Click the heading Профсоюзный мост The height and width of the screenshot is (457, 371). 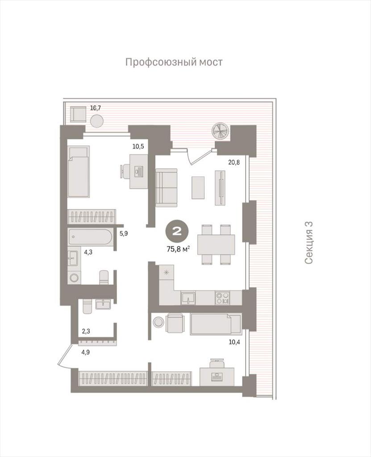(174, 62)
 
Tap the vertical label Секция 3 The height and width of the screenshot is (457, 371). (308, 242)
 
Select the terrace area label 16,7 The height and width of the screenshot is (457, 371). (96, 108)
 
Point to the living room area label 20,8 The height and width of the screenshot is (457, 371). (234, 162)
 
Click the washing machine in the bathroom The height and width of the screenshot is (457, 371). (74, 277)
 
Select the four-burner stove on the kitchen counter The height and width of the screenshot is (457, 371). (222, 298)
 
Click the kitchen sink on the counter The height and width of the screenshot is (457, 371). (188, 298)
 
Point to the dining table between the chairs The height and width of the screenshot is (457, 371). (216, 244)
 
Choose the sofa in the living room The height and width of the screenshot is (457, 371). (167, 188)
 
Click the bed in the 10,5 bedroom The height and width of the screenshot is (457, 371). (78, 172)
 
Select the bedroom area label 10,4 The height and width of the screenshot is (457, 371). (234, 342)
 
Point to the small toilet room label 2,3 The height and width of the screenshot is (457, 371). (86, 332)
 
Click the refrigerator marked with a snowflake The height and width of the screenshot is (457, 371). (167, 273)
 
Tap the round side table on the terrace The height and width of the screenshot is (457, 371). (97, 120)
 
